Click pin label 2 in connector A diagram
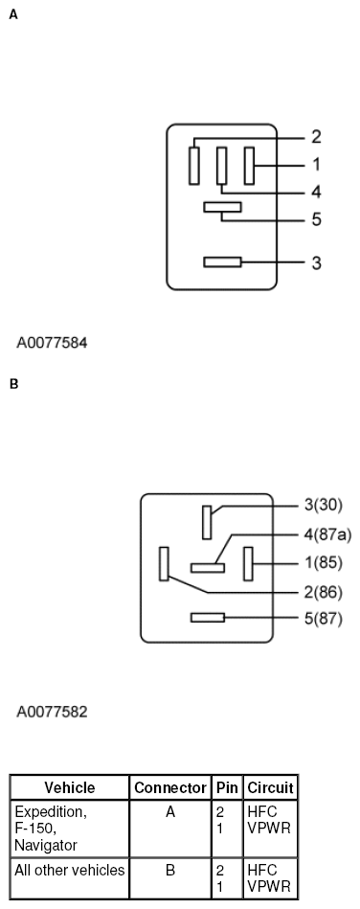[316, 137]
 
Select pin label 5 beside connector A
[316, 219]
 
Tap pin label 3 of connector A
[316, 261]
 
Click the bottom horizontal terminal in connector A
[223, 261]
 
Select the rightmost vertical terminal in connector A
[249, 165]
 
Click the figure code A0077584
[53, 340]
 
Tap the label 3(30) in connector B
[323, 504]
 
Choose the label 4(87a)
[326, 534]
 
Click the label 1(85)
[323, 562]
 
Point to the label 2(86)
[323, 592]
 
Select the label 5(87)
[323, 618]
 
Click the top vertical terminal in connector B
[207, 522]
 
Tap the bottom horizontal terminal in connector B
[207, 618]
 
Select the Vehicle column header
[70, 788]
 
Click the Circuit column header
[270, 788]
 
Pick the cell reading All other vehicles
[70, 871]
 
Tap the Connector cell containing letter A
[169, 812]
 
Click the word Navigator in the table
[46, 846]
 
